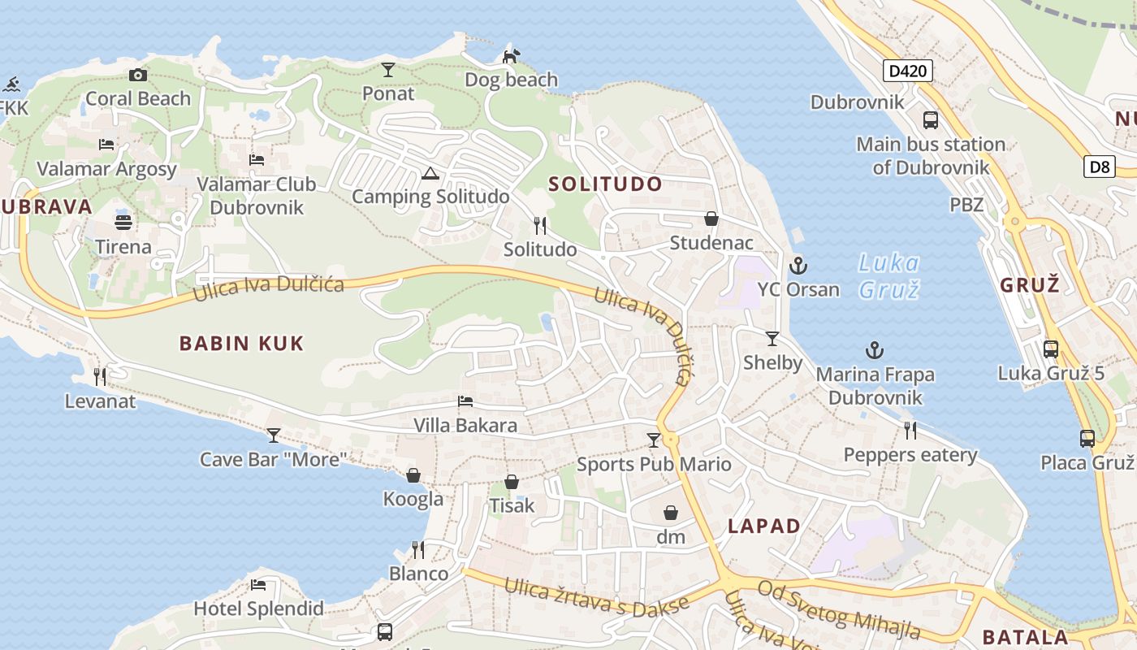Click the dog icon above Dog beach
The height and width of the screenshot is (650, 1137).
[511, 56]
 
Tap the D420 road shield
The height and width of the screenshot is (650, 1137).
[907, 71]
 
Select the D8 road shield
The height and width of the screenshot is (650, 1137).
[1099, 167]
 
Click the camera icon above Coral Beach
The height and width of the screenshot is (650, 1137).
[138, 76]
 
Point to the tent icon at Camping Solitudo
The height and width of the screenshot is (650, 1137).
[430, 173]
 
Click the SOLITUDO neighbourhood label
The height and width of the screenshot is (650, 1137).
[605, 184]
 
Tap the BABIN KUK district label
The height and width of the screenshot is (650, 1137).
[241, 343]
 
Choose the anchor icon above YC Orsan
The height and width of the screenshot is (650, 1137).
[798, 266]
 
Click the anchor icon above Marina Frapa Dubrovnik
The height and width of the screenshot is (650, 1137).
[874, 351]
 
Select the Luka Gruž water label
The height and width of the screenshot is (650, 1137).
[889, 275]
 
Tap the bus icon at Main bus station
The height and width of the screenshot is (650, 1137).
[931, 120]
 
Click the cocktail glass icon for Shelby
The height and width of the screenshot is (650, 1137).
[772, 339]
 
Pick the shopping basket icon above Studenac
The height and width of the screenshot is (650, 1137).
[711, 219]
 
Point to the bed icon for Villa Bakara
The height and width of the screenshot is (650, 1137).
[465, 401]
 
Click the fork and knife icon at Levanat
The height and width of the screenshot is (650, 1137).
[100, 376]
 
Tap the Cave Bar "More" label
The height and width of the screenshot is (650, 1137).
[274, 459]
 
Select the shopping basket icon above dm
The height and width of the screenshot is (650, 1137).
[671, 513]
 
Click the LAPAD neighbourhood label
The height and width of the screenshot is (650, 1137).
[763, 526]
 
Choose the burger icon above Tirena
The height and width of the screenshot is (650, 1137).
[123, 222]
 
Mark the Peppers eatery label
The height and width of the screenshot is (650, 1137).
[910, 454]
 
